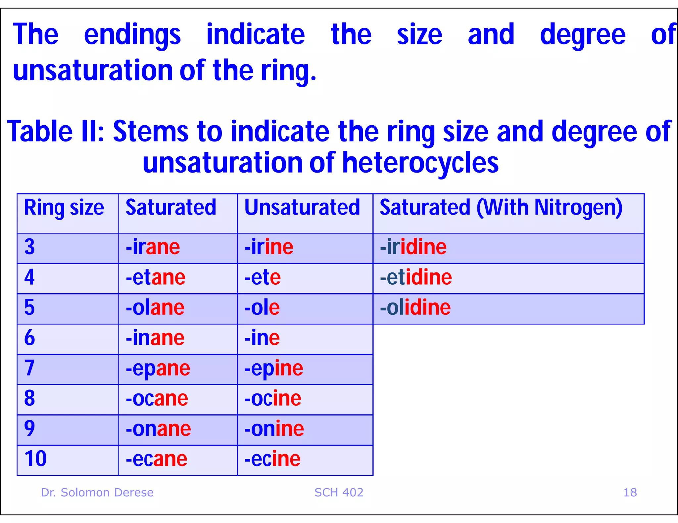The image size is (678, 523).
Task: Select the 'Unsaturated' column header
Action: pos(302,208)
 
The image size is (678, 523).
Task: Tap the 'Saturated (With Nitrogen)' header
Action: pos(501,208)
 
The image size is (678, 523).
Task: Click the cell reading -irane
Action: pos(153,247)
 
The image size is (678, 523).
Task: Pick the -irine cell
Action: pos(268,247)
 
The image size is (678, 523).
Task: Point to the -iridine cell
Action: pos(413,247)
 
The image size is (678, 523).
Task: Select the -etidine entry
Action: pos(416,277)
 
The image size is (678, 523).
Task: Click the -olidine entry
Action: pos(415,307)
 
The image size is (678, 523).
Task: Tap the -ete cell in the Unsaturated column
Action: pos(262,277)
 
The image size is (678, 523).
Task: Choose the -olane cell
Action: pos(155,307)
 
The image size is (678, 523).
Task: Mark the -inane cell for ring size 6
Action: pos(155,338)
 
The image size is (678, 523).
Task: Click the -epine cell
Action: pos(273,368)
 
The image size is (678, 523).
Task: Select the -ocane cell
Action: pos(157,398)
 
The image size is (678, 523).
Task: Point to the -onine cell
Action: pos(274,429)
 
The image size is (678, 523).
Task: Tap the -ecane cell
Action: pos(157,459)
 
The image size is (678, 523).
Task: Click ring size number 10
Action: pos(35,459)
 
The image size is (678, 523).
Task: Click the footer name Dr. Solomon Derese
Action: pos(97,493)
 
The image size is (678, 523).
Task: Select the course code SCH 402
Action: pos(339,493)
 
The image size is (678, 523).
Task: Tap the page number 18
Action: pos(630,493)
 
